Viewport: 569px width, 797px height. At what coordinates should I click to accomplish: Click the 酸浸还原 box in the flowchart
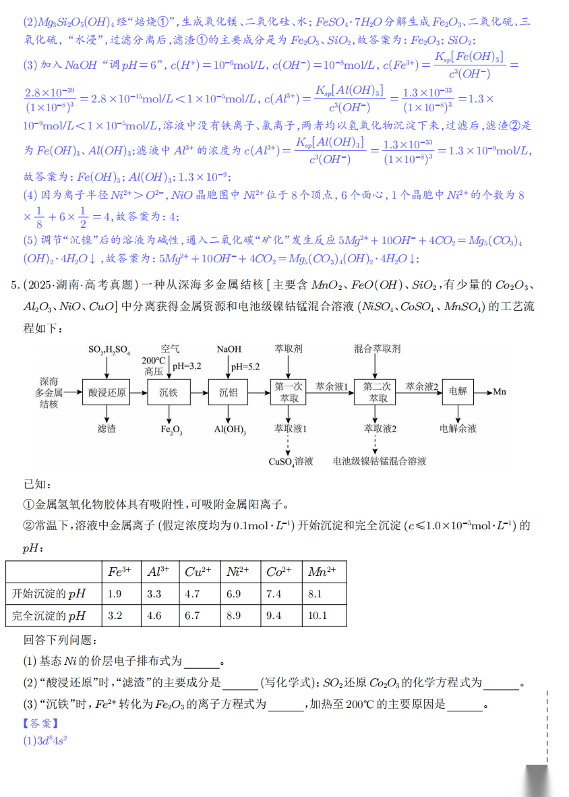[x=107, y=392]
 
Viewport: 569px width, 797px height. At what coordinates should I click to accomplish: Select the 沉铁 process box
[x=169, y=392]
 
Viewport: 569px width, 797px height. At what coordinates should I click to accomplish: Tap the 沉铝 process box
[x=229, y=392]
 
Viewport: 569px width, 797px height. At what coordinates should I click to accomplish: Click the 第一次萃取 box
[x=289, y=392]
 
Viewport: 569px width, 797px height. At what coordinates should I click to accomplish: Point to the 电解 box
[x=458, y=392]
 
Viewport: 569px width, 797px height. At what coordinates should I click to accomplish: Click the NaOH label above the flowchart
[x=229, y=349]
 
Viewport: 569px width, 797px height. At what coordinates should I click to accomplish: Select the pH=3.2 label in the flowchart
[x=187, y=366]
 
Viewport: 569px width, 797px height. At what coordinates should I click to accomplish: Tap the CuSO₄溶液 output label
[x=291, y=462]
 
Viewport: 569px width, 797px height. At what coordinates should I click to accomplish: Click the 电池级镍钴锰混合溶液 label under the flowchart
[x=380, y=462]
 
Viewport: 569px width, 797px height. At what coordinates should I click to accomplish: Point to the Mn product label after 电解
[x=500, y=392]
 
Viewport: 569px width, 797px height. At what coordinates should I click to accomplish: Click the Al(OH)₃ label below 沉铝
[x=230, y=429]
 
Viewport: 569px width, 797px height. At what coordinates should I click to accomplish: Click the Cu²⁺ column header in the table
[x=199, y=572]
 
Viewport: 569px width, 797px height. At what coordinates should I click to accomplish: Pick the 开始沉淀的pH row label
[x=50, y=594]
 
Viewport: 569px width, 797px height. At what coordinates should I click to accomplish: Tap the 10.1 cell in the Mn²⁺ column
[x=316, y=616]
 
